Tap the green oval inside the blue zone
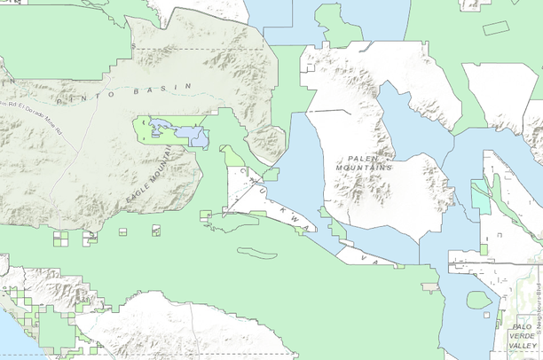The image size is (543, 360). (x=479, y=300)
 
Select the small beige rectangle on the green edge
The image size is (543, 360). (x=429, y=287)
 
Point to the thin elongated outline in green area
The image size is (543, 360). (x=257, y=253)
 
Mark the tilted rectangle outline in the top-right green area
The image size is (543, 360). (x=496, y=27)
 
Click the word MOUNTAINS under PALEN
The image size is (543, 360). (x=364, y=167)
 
